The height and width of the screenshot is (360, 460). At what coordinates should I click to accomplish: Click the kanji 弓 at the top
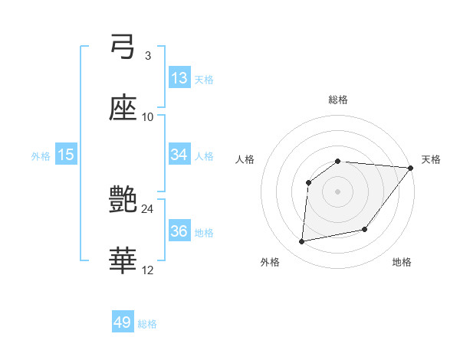click(x=123, y=47)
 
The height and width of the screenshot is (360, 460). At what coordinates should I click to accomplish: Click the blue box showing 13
click(x=179, y=78)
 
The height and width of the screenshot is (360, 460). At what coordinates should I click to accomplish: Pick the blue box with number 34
click(x=179, y=155)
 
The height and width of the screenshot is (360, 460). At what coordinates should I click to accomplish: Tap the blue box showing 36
click(x=179, y=231)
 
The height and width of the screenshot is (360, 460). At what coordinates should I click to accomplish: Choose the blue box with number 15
click(x=66, y=155)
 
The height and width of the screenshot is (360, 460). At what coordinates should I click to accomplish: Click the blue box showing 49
click(x=123, y=322)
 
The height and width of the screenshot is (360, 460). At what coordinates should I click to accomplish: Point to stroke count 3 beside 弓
click(x=148, y=55)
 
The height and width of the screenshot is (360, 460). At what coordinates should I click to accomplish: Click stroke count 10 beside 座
click(x=148, y=116)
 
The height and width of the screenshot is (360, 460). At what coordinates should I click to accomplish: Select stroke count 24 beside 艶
click(x=148, y=208)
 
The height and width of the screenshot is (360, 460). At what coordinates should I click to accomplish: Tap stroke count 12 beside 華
click(x=148, y=270)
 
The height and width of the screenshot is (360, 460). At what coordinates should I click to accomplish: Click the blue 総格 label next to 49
click(x=147, y=324)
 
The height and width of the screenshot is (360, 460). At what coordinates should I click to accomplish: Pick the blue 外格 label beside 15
click(x=41, y=156)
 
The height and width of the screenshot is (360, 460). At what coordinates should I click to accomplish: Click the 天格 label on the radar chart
click(x=432, y=159)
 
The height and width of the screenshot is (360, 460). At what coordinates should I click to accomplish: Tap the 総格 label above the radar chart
click(x=338, y=100)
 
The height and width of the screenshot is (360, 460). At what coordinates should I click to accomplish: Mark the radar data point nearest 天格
click(x=411, y=168)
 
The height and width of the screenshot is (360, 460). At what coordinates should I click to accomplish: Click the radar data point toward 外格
click(x=302, y=242)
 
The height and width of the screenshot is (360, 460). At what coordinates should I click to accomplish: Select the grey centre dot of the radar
click(x=338, y=191)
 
